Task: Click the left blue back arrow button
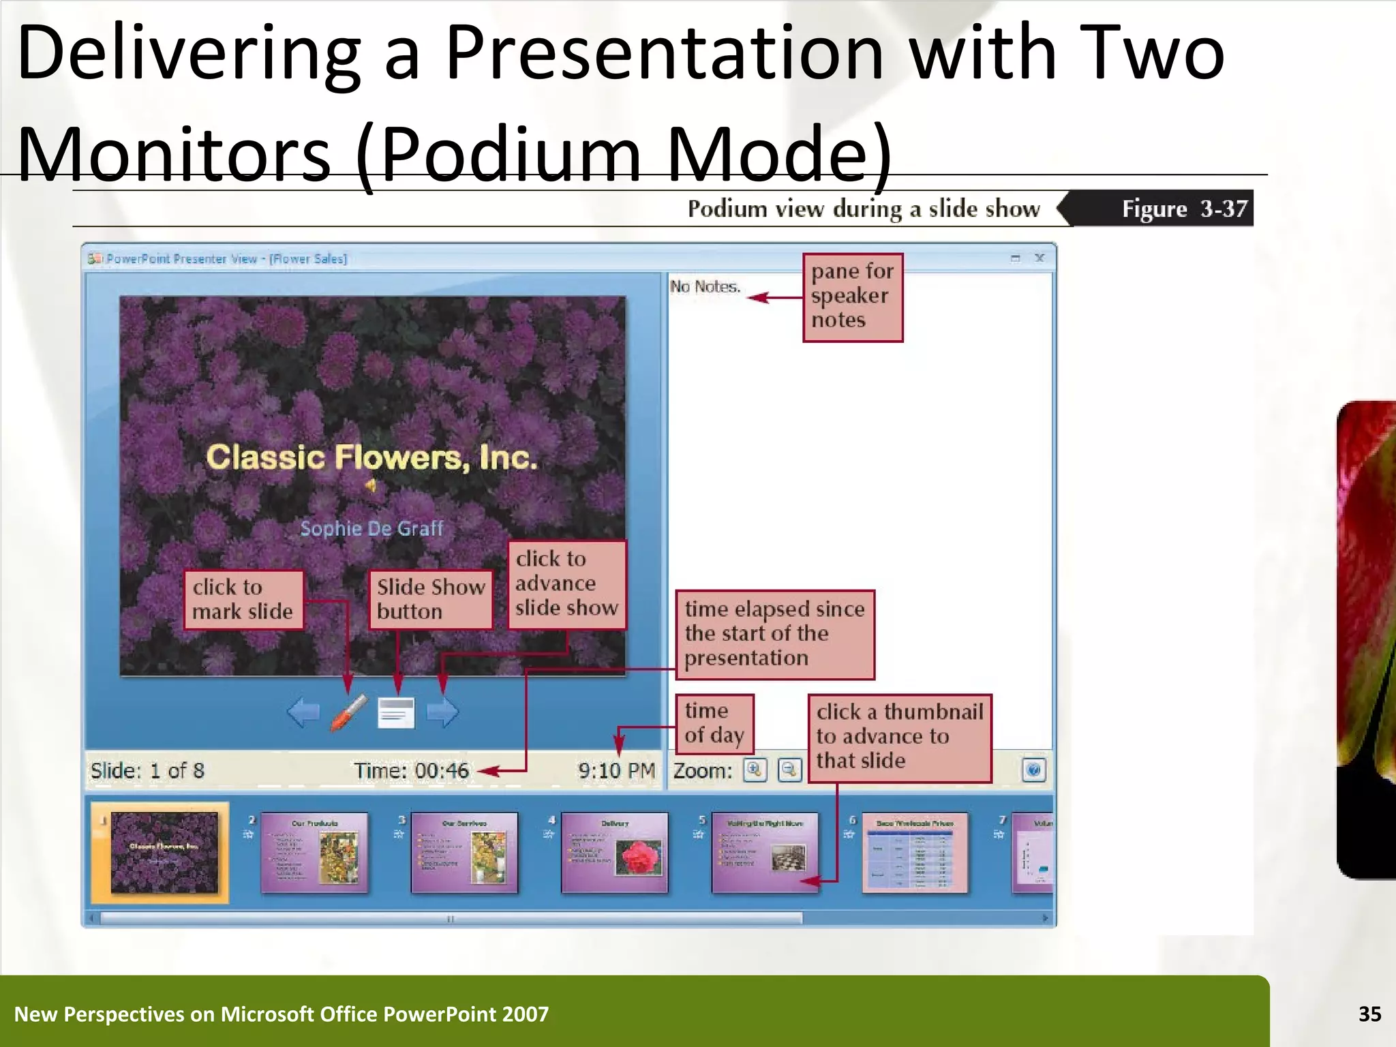[x=303, y=713]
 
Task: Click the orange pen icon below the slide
[x=349, y=713]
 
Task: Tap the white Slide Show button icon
[x=396, y=713]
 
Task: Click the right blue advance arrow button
[x=443, y=713]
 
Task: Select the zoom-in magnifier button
[x=755, y=770]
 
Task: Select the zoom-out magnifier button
[x=789, y=770]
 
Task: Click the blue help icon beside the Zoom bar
[x=1033, y=770]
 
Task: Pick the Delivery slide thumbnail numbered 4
[x=614, y=852]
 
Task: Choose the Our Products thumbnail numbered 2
[x=314, y=852]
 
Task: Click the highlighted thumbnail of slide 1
[x=164, y=852]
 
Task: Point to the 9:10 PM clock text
[x=616, y=771]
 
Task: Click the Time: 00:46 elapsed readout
[x=412, y=771]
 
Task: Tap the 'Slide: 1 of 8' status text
[x=147, y=771]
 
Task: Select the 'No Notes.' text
[x=705, y=287]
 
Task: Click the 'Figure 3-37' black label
[x=1184, y=209]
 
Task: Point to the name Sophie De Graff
[x=372, y=528]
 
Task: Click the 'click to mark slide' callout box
[x=243, y=600]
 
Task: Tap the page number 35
[x=1369, y=1014]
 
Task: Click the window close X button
[x=1040, y=258]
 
